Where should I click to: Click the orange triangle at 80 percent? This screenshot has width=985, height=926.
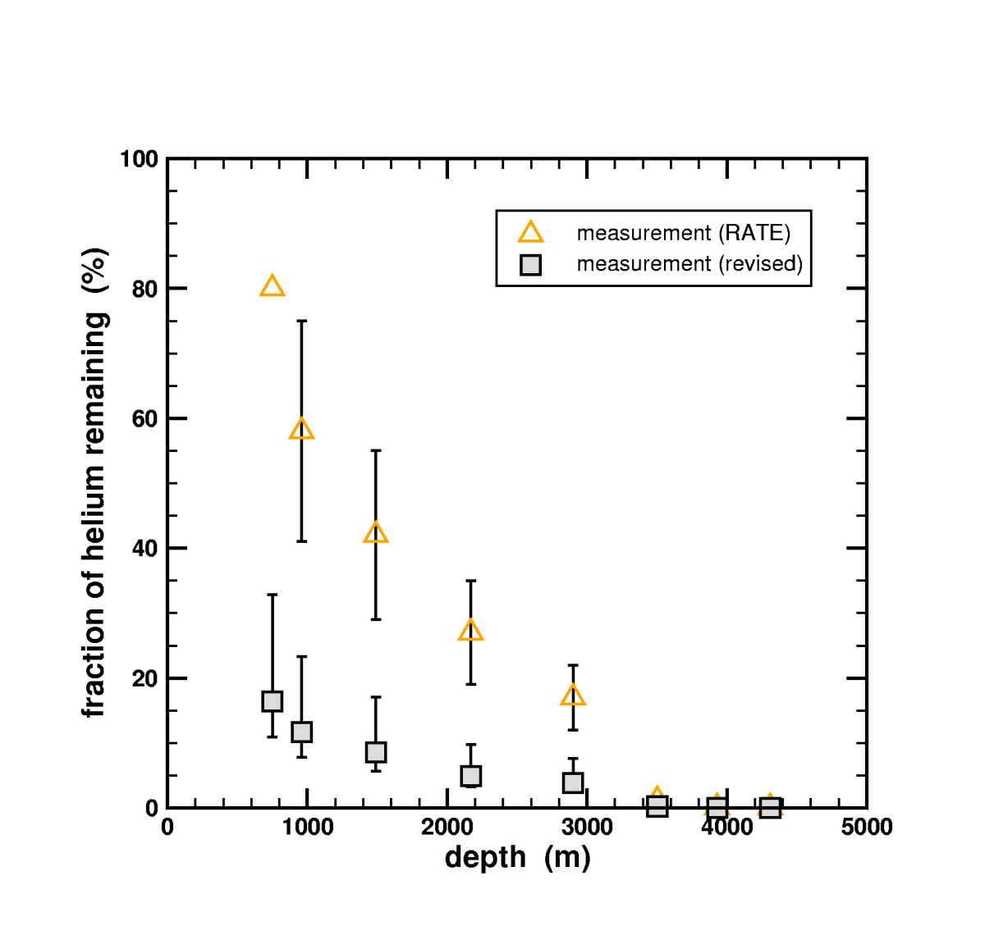coord(272,287)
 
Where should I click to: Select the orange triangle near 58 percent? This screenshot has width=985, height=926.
coord(301,429)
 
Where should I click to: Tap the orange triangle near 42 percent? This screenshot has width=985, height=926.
coord(375,533)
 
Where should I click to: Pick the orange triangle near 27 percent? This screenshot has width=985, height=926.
coord(470,631)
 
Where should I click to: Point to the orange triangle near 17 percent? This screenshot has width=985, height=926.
coord(573,696)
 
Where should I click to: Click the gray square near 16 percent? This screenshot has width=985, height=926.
coord(272,701)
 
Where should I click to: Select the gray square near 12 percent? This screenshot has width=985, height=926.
coord(301,732)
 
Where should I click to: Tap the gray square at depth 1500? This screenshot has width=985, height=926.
coord(375,752)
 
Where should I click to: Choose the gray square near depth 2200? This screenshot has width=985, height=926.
coord(470,776)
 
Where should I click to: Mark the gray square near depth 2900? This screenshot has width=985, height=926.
coord(573,782)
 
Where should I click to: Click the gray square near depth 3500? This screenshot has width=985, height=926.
coord(657,806)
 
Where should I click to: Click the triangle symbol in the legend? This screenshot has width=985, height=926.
coord(530,233)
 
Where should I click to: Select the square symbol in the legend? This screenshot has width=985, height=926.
coord(530,265)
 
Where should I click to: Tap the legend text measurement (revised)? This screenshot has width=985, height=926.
coord(689,264)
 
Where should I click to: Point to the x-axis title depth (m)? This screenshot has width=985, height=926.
coord(517,858)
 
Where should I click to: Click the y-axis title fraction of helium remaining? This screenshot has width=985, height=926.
coord(94,482)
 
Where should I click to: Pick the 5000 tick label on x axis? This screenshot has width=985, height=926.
coord(866,828)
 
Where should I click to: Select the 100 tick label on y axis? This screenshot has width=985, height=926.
coord(139,159)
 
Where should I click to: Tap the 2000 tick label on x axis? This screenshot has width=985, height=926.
coord(447,828)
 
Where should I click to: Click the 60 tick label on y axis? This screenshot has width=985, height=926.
coord(144,419)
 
